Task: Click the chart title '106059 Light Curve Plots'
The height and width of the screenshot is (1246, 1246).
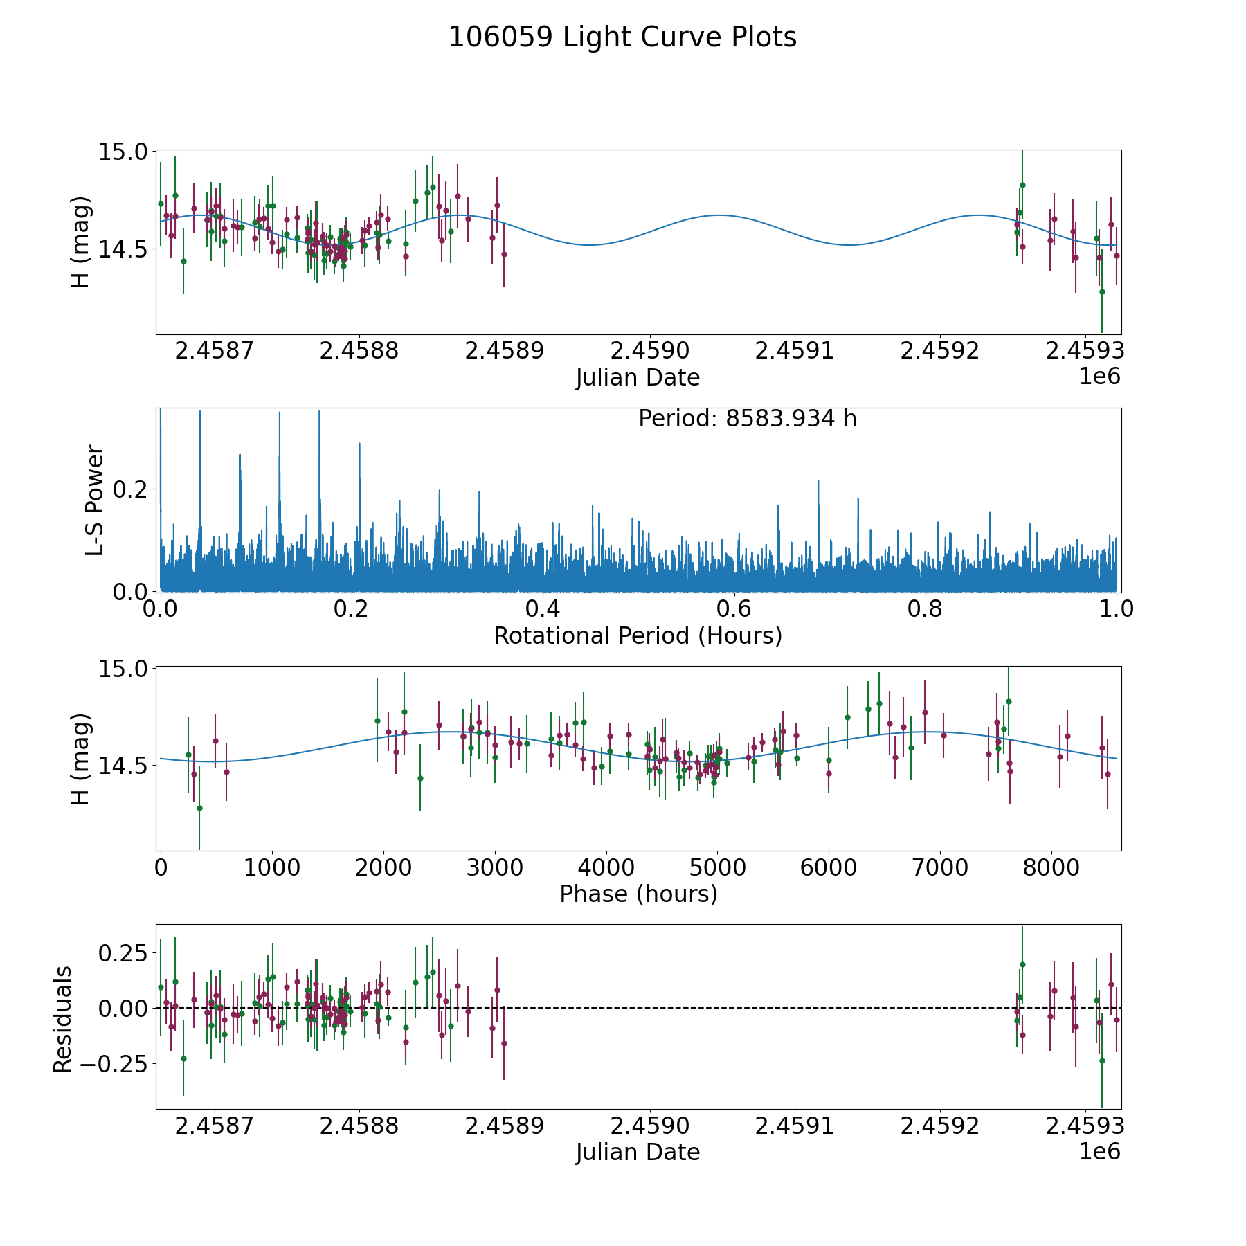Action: click(622, 37)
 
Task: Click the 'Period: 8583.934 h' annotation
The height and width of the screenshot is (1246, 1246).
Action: click(747, 419)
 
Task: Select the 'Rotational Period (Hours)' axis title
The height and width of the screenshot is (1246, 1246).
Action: click(638, 635)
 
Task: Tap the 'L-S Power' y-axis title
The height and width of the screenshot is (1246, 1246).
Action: click(95, 500)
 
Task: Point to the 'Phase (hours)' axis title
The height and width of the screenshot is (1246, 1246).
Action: click(638, 894)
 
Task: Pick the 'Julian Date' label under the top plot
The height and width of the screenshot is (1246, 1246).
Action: click(638, 378)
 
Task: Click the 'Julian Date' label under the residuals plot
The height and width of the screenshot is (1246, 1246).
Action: click(638, 1153)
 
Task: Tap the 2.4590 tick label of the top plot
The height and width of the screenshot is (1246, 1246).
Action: click(649, 351)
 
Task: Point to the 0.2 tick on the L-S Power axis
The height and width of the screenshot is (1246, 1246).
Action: click(129, 489)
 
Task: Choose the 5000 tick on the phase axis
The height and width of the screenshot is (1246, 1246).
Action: click(717, 868)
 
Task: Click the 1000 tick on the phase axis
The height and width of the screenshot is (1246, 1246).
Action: click(271, 868)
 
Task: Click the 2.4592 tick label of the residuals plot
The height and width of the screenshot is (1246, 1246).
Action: click(939, 1126)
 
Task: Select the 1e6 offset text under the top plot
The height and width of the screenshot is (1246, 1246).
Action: click(1099, 377)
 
